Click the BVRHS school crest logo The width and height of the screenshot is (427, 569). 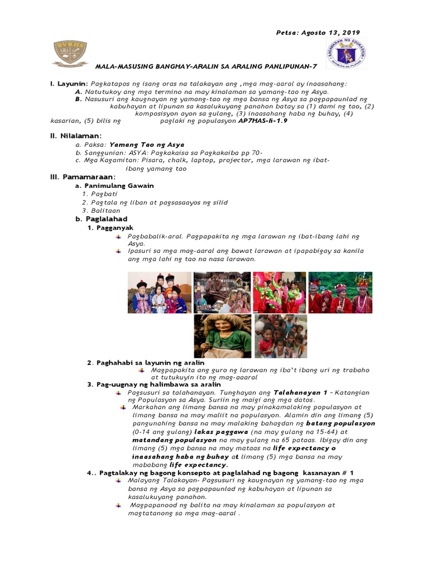71,52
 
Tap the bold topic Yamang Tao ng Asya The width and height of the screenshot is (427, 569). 147,144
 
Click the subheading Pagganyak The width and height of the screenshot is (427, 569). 115,227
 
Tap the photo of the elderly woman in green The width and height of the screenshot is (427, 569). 222,336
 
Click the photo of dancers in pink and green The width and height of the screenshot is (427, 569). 279,292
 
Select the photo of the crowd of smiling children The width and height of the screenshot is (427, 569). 281,336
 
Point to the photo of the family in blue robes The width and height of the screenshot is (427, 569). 160,292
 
